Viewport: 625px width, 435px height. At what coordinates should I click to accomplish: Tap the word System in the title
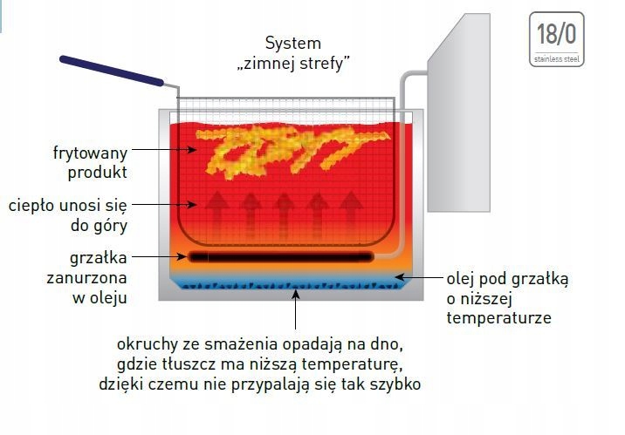pyautogui.click(x=292, y=43)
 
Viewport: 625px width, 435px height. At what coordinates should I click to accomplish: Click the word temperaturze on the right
pyautogui.click(x=499, y=318)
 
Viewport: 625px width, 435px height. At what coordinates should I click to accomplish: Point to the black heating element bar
pyautogui.click(x=280, y=256)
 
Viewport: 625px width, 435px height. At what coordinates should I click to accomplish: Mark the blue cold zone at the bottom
pyautogui.click(x=288, y=282)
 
